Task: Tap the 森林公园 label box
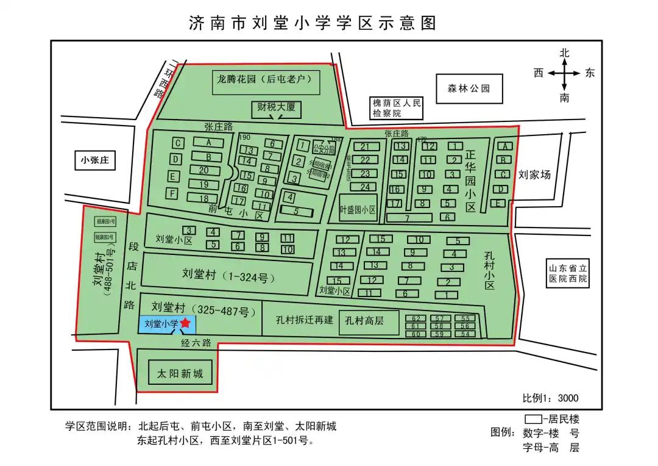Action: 469,88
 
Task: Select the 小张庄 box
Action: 94,160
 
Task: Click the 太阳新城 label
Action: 180,373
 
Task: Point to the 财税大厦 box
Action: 276,107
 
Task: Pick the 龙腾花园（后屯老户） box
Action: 266,79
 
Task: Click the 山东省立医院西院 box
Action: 567,273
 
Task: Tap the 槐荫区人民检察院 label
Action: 397,108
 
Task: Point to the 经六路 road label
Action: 196,343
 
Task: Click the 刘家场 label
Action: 534,175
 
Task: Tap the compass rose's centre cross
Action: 564,73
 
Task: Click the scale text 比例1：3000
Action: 550,398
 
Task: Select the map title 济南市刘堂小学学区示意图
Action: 313,23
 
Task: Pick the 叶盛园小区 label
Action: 358,209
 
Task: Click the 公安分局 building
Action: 324,148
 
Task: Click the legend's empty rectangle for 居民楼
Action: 534,419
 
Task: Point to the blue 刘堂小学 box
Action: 161,324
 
